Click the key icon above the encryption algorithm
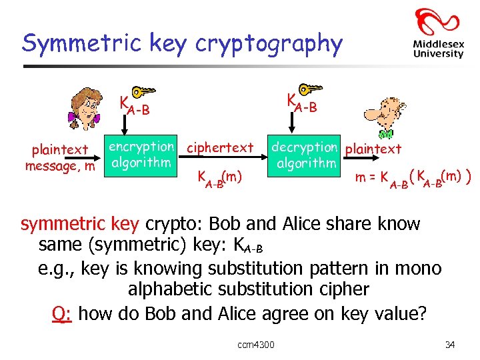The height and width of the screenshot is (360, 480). pos(143,93)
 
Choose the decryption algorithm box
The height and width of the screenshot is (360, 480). pos(305,155)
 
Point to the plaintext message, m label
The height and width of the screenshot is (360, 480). pos(60,158)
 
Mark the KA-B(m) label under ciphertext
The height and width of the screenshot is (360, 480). pos(219,178)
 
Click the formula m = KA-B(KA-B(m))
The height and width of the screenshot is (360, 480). pos(413,178)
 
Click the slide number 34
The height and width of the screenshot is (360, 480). pos(450,345)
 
